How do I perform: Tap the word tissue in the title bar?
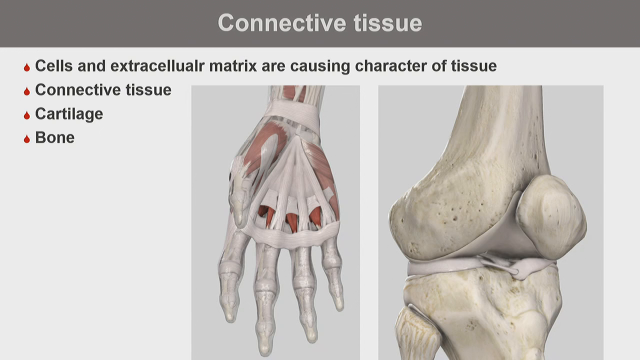pos(387,23)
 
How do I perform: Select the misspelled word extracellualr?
pos(157,66)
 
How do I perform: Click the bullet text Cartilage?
pos(69,114)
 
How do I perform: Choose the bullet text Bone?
pos(54,137)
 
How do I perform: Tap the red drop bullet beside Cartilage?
pos(27,115)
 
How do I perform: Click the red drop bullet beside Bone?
pos(27,139)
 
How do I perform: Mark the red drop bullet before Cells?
pos(27,67)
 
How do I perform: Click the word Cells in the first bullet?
pos(54,66)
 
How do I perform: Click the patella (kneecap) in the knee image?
pos(550,217)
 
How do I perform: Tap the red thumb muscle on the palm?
pos(265,145)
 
